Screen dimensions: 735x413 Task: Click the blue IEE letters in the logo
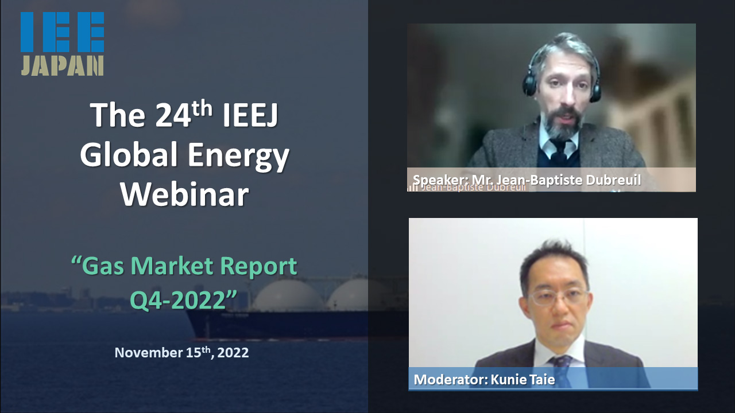63,32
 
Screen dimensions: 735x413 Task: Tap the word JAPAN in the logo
63,65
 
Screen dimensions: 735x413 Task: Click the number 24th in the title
184,114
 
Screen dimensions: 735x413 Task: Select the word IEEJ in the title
250,115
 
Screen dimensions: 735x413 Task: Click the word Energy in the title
238,157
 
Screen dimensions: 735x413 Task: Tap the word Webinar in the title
185,194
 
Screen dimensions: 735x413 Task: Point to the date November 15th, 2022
181,352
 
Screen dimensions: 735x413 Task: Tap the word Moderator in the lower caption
451,380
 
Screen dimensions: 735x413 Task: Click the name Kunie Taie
523,380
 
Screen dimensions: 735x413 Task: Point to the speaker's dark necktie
559,153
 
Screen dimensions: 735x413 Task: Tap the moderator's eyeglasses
558,298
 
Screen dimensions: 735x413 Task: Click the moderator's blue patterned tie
562,371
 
